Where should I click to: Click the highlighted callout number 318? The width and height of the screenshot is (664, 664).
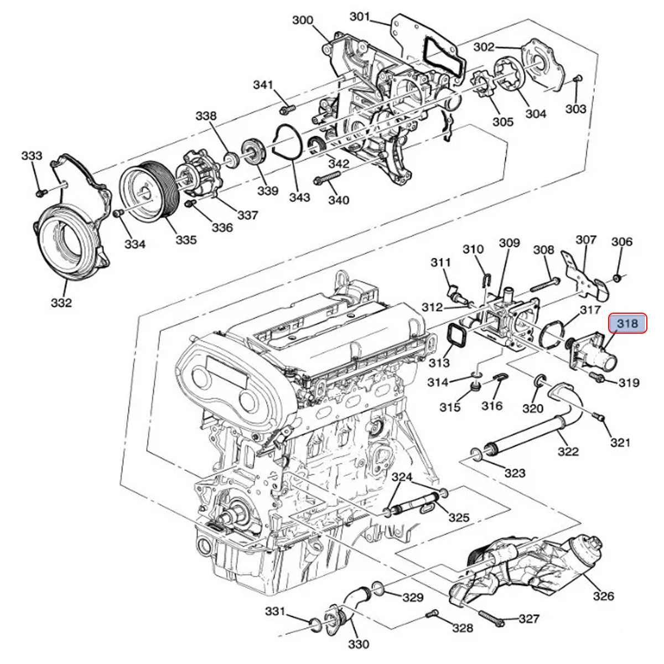[x=627, y=323]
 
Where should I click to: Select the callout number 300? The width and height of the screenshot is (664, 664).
[x=303, y=20]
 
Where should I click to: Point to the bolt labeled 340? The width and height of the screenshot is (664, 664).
[x=326, y=180]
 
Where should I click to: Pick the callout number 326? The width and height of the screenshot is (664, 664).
[x=603, y=596]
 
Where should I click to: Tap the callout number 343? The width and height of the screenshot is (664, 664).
[x=299, y=197]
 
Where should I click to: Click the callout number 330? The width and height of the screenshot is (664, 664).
[x=359, y=645]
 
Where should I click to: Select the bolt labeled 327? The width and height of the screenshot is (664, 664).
[x=490, y=618]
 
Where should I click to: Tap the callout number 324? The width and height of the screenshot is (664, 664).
[x=402, y=477]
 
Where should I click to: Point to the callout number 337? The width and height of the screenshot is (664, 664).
[x=247, y=215]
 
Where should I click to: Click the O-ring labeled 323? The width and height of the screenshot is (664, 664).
[x=476, y=455]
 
